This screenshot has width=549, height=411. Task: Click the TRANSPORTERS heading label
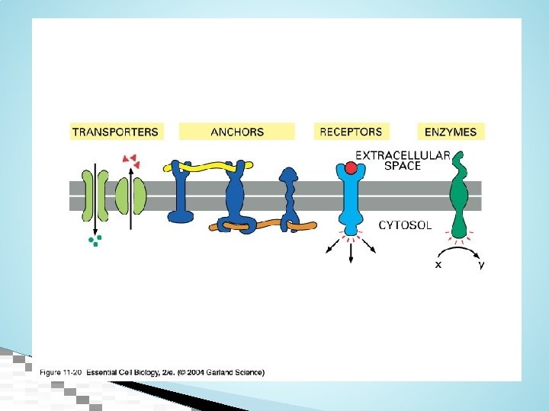(115, 132)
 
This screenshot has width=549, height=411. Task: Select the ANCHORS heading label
(237, 132)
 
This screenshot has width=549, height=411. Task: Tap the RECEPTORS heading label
(351, 132)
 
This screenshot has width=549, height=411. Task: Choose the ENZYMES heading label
(451, 132)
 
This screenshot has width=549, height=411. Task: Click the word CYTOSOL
(405, 225)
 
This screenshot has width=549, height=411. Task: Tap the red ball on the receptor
(351, 168)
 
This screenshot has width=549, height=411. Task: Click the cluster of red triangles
(130, 160)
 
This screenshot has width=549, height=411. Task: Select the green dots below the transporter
(95, 241)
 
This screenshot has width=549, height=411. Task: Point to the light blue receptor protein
(352, 199)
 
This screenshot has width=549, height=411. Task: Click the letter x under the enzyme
(437, 265)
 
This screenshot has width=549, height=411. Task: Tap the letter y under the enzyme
(480, 265)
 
